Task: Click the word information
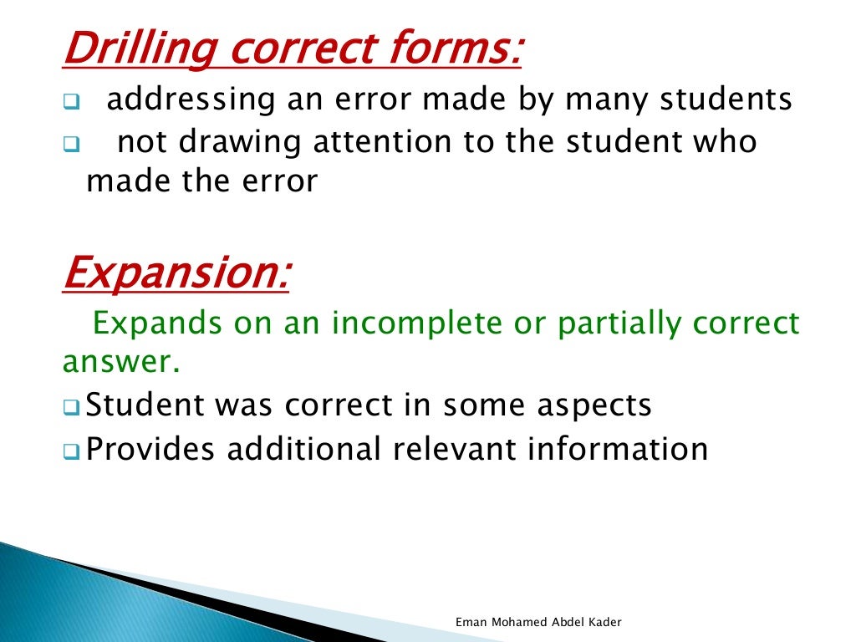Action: click(617, 449)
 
